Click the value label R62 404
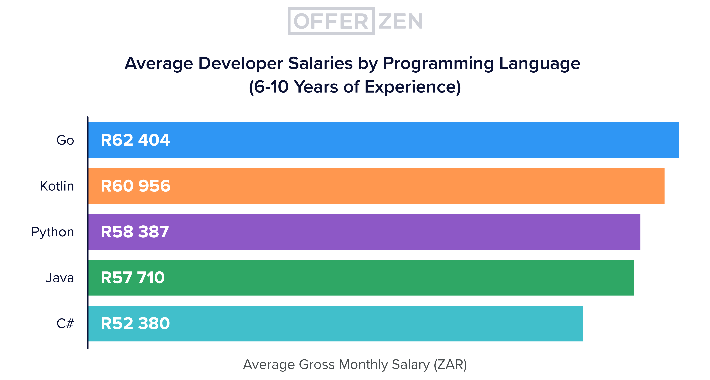135,140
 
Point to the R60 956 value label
135,186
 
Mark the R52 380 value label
135,323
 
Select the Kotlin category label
57,186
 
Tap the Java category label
60,278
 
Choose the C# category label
65,323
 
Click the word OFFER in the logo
331,21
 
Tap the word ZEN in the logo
400,21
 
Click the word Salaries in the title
320,63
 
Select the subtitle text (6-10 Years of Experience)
355,87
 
